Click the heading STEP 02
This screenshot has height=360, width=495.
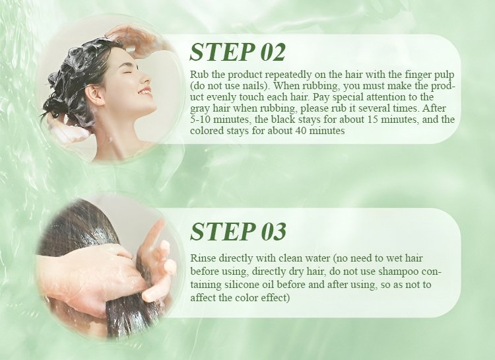click(x=238, y=52)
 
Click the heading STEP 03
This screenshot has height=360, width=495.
click(x=238, y=231)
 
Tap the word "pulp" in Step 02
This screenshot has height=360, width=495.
click(x=445, y=75)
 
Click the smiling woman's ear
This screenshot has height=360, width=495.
click(x=95, y=94)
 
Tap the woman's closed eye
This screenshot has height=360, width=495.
click(x=128, y=72)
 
